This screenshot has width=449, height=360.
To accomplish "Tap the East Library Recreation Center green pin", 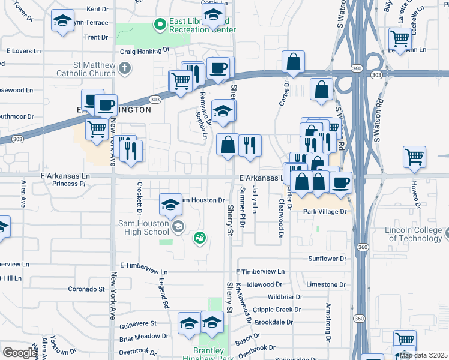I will point(160,25).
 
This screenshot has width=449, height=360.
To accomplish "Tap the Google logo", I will point(20,353).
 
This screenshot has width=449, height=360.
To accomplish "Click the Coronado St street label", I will point(86,289).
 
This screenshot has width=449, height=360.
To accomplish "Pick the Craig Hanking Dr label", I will point(145,52).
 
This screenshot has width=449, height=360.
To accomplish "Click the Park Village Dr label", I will point(325,212).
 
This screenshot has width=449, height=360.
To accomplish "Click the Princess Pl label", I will point(74,184).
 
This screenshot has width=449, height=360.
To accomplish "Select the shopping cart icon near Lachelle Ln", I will point(400,38).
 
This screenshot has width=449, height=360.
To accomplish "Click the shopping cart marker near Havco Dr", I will point(415,157).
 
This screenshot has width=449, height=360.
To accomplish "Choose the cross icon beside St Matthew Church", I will point(125,67).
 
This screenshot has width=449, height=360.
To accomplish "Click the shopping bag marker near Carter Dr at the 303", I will point(293,62).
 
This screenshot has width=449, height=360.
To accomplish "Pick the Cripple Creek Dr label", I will point(277,310).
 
